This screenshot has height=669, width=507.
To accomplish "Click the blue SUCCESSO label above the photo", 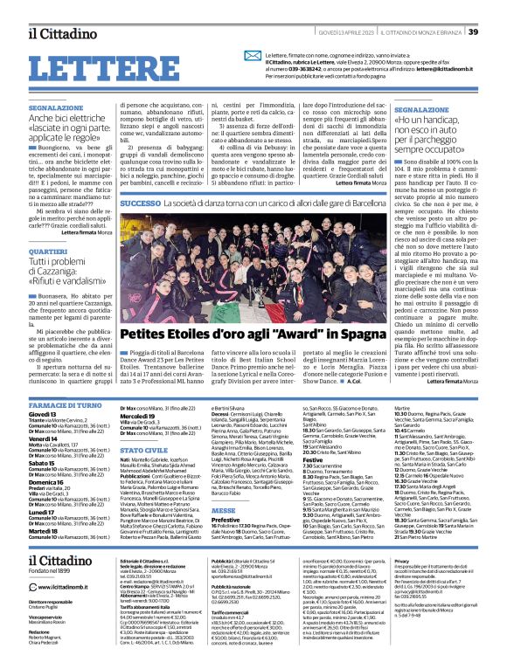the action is tap(141, 203).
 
